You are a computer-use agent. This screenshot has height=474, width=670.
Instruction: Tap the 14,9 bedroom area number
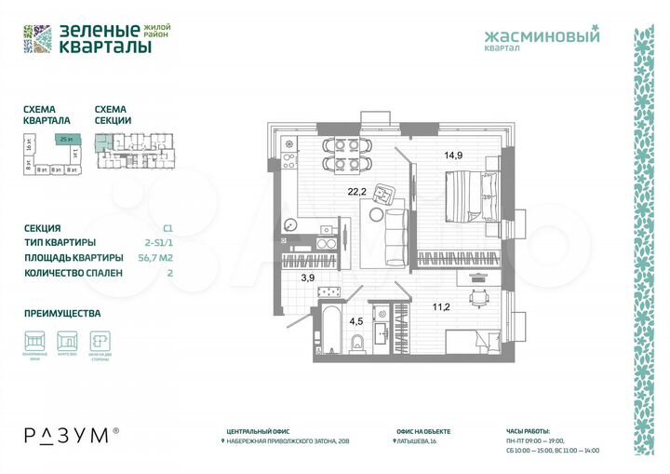(454, 156)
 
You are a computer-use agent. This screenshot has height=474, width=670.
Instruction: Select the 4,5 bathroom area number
(356, 322)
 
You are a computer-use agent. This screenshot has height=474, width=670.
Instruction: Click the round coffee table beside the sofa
(375, 214)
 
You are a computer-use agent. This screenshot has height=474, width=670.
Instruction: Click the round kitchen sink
(290, 225)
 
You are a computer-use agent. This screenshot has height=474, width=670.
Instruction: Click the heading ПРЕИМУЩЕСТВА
(62, 314)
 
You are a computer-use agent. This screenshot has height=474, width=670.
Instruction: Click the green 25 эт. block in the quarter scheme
(65, 139)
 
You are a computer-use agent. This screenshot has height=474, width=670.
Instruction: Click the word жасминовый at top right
(543, 36)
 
